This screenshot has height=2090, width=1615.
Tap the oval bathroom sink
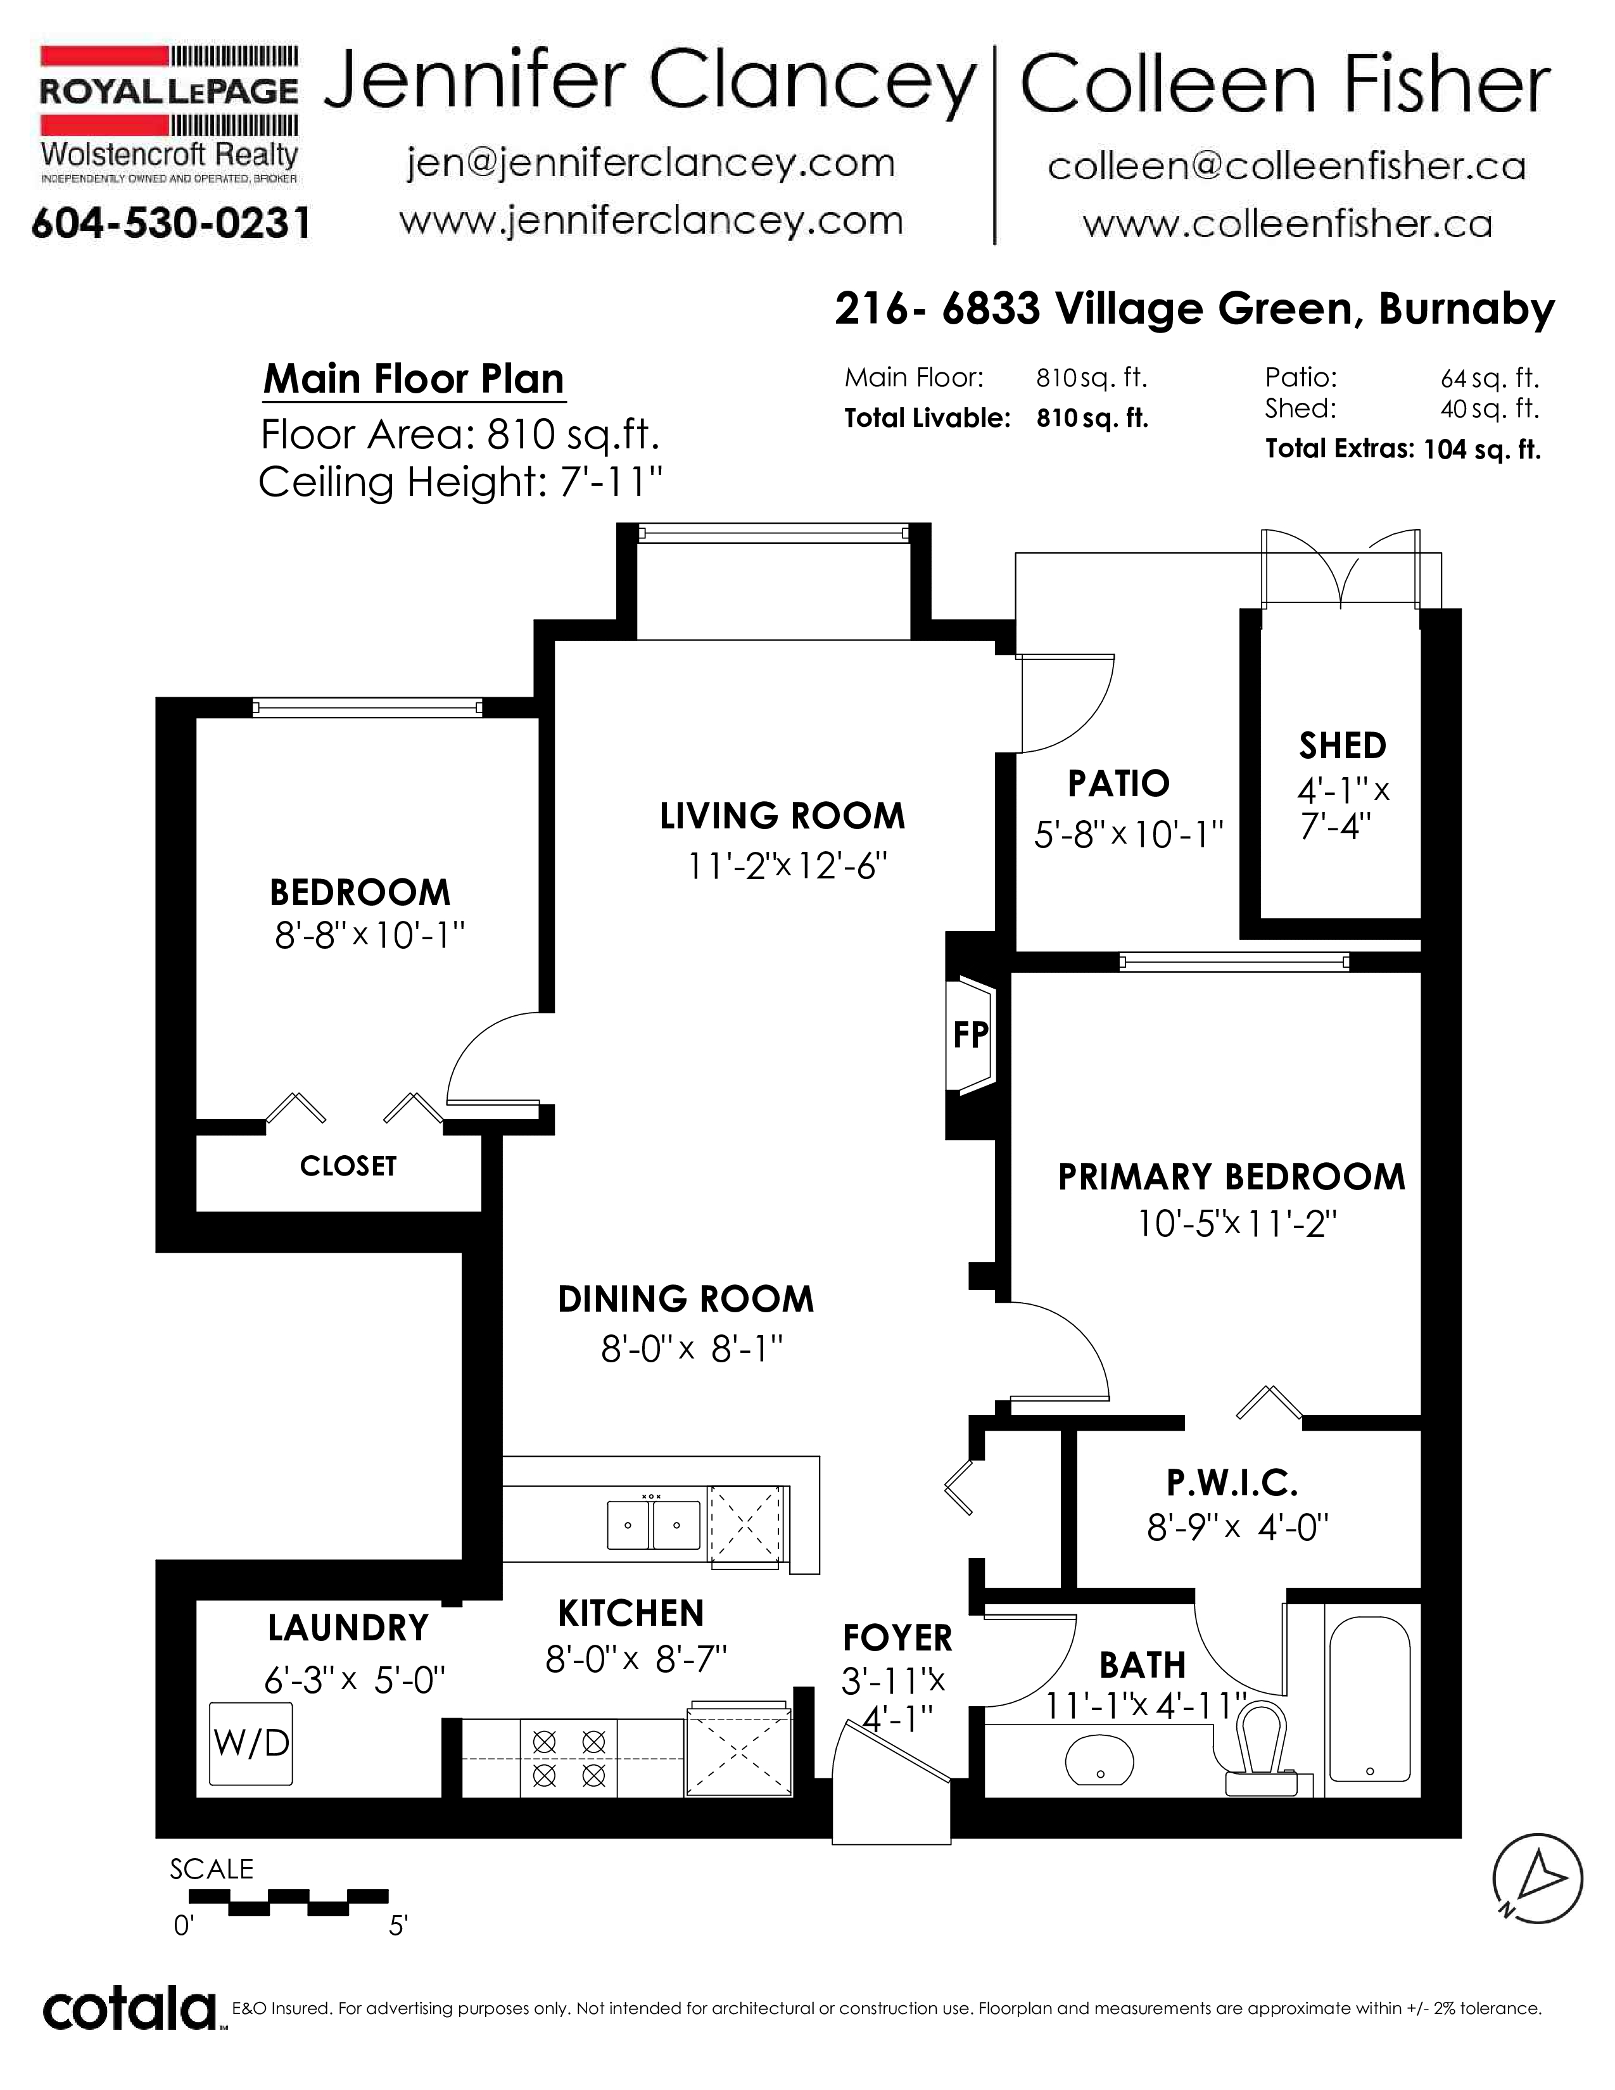1099,1760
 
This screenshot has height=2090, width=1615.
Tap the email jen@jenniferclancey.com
650,163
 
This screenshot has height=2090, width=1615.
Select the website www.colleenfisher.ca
1287,225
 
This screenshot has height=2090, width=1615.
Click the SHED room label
1342,745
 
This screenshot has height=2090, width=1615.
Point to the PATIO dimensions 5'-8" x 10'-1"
1129,835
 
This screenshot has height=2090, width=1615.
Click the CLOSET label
348,1165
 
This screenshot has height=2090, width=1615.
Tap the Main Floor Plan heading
414,379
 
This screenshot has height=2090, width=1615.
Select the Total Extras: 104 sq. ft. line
1403,449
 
